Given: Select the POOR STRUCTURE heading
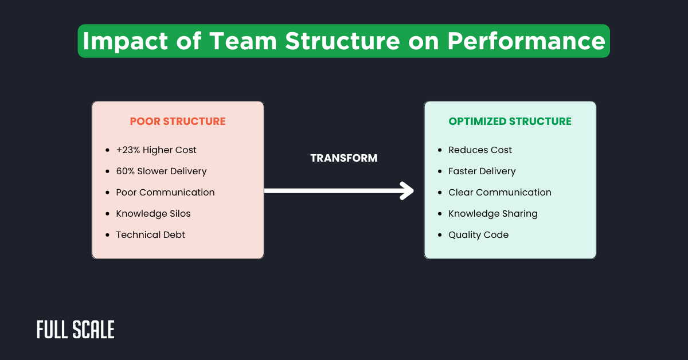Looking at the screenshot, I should click(x=178, y=122).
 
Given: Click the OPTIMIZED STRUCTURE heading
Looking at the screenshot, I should click(x=510, y=122).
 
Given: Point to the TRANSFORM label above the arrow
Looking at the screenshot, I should click(x=344, y=158).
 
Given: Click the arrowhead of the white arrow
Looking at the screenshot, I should click(x=408, y=191).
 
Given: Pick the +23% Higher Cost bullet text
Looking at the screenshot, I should click(x=156, y=150).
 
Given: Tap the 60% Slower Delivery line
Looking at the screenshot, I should click(x=161, y=171).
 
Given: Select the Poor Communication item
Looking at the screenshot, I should click(x=165, y=193).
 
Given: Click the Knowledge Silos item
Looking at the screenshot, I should click(x=153, y=214).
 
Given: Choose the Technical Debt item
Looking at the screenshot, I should click(x=150, y=235).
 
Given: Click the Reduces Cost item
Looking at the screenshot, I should click(x=480, y=150).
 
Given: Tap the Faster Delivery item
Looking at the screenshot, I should click(x=482, y=171).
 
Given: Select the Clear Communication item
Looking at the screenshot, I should click(x=499, y=193).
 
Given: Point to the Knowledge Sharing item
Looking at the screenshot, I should click(x=492, y=214).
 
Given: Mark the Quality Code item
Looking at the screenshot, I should click(x=478, y=235).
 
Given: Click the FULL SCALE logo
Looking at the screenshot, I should click(x=76, y=330).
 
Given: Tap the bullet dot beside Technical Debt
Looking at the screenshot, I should click(x=107, y=235).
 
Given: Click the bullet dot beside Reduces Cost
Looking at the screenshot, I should click(x=440, y=150).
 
